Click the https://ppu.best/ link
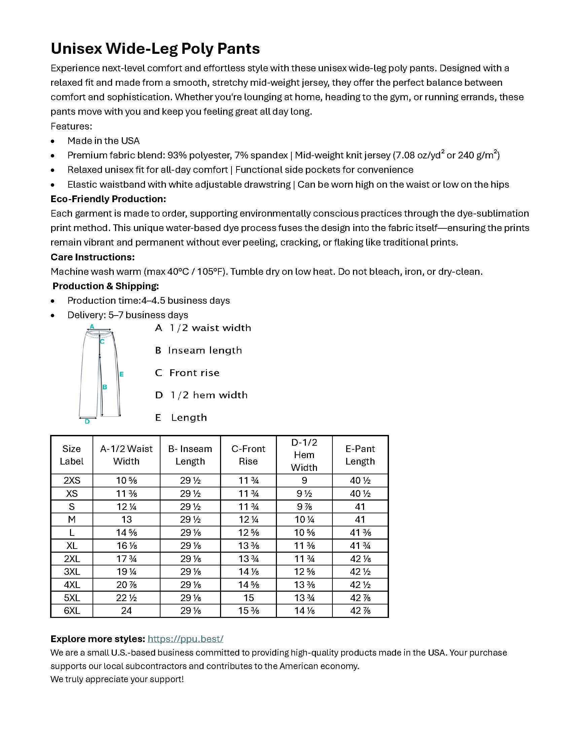[185, 639]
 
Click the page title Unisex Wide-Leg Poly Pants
[155, 48]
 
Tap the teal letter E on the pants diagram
[121, 374]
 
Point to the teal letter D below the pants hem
[87, 421]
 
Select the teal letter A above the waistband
[92, 327]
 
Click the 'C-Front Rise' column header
[248, 455]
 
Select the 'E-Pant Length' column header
[360, 455]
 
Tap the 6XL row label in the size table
[72, 610]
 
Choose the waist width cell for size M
[127, 519]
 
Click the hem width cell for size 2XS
[304, 480]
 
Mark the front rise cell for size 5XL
[248, 598]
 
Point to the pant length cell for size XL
[360, 546]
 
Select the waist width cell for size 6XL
[127, 610]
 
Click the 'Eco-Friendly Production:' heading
[108, 199]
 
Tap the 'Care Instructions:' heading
[93, 257]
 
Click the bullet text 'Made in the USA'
[103, 141]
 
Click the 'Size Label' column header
[72, 455]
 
